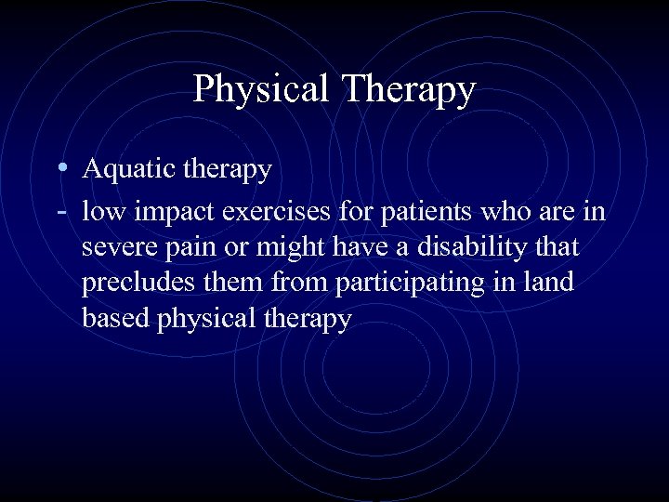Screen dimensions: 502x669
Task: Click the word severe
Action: (113, 248)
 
